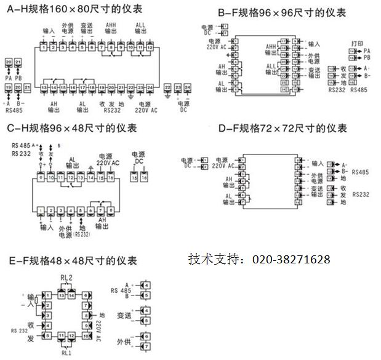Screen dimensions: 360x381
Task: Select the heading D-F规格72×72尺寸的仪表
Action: (283, 129)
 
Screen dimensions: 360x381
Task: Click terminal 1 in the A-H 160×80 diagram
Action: (44, 47)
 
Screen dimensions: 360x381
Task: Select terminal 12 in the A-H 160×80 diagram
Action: (150, 47)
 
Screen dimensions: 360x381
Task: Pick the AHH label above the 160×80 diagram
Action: (112, 25)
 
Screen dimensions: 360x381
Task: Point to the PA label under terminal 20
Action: (9, 78)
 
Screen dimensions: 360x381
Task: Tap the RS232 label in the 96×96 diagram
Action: (335, 90)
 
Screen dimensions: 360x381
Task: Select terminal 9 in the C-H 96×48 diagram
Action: (42, 177)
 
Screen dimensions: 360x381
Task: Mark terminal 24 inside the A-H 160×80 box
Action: (150, 89)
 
